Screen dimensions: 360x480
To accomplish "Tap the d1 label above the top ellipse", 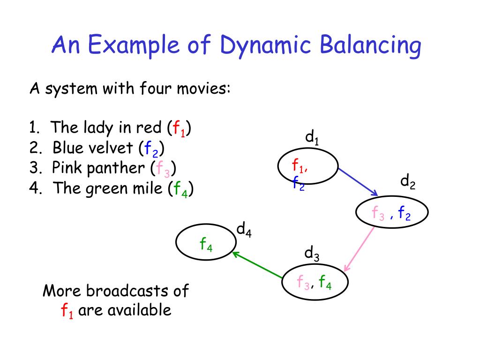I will pos(312,138).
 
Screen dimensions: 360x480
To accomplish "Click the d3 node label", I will pos(312,255).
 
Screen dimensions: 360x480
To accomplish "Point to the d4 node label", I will pos(244,230).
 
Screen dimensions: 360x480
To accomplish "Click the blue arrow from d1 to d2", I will pos(358,181).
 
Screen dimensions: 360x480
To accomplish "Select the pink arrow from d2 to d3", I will pos(360,248).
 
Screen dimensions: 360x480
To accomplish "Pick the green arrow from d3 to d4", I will pos(257,266).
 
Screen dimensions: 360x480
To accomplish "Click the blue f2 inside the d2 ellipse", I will pos(405,214).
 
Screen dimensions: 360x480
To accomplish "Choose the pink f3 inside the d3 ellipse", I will pos(302,283).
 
